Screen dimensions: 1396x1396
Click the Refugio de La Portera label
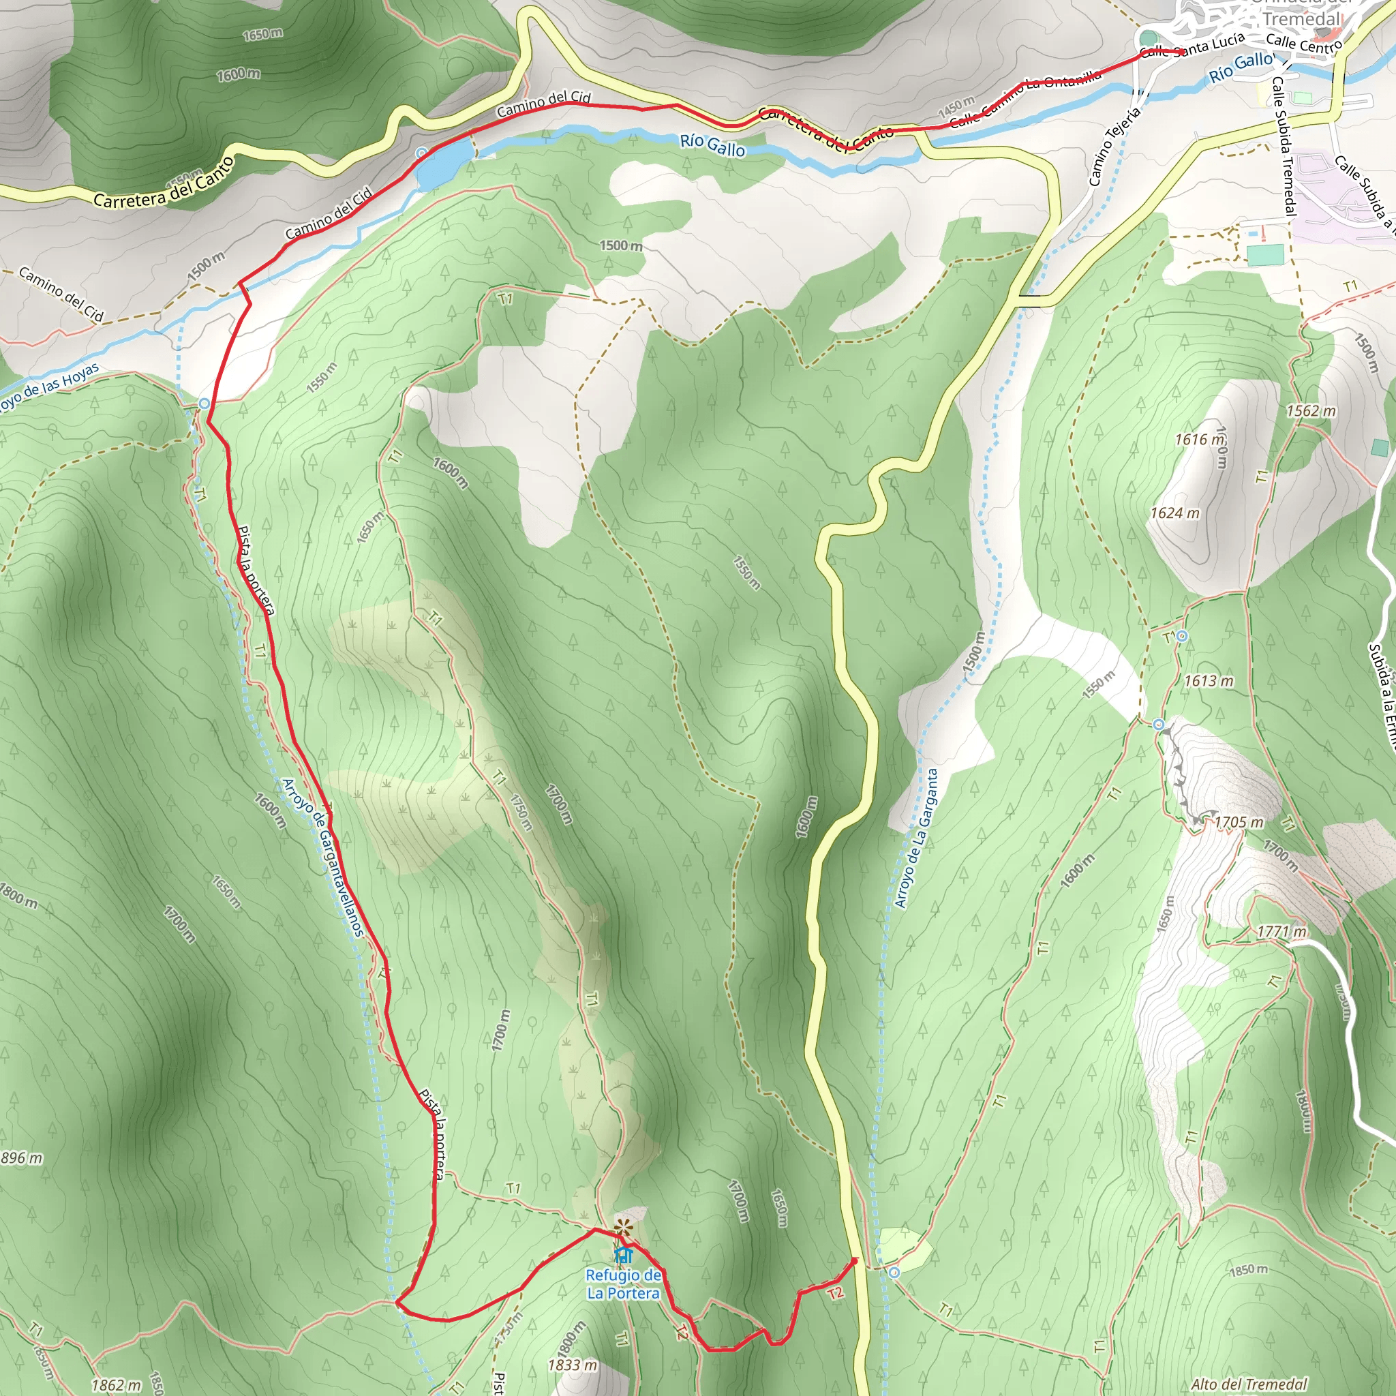(623, 1284)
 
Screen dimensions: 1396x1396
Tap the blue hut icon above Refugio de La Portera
(623, 1254)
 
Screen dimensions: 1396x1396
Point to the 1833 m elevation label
(573, 1365)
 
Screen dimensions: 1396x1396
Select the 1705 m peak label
(1239, 822)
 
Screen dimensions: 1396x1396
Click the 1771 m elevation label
(1281, 931)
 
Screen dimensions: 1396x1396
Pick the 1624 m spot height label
(1175, 513)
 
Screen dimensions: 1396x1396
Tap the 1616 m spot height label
(1200, 440)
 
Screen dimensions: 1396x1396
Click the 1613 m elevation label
(1209, 681)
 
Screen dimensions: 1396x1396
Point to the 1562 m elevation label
(1311, 411)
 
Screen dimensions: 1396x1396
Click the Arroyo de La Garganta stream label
(915, 838)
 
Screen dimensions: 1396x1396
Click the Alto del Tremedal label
(1249, 1384)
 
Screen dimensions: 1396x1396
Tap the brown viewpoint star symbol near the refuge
(623, 1226)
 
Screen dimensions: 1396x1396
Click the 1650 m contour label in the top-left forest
(262, 34)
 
